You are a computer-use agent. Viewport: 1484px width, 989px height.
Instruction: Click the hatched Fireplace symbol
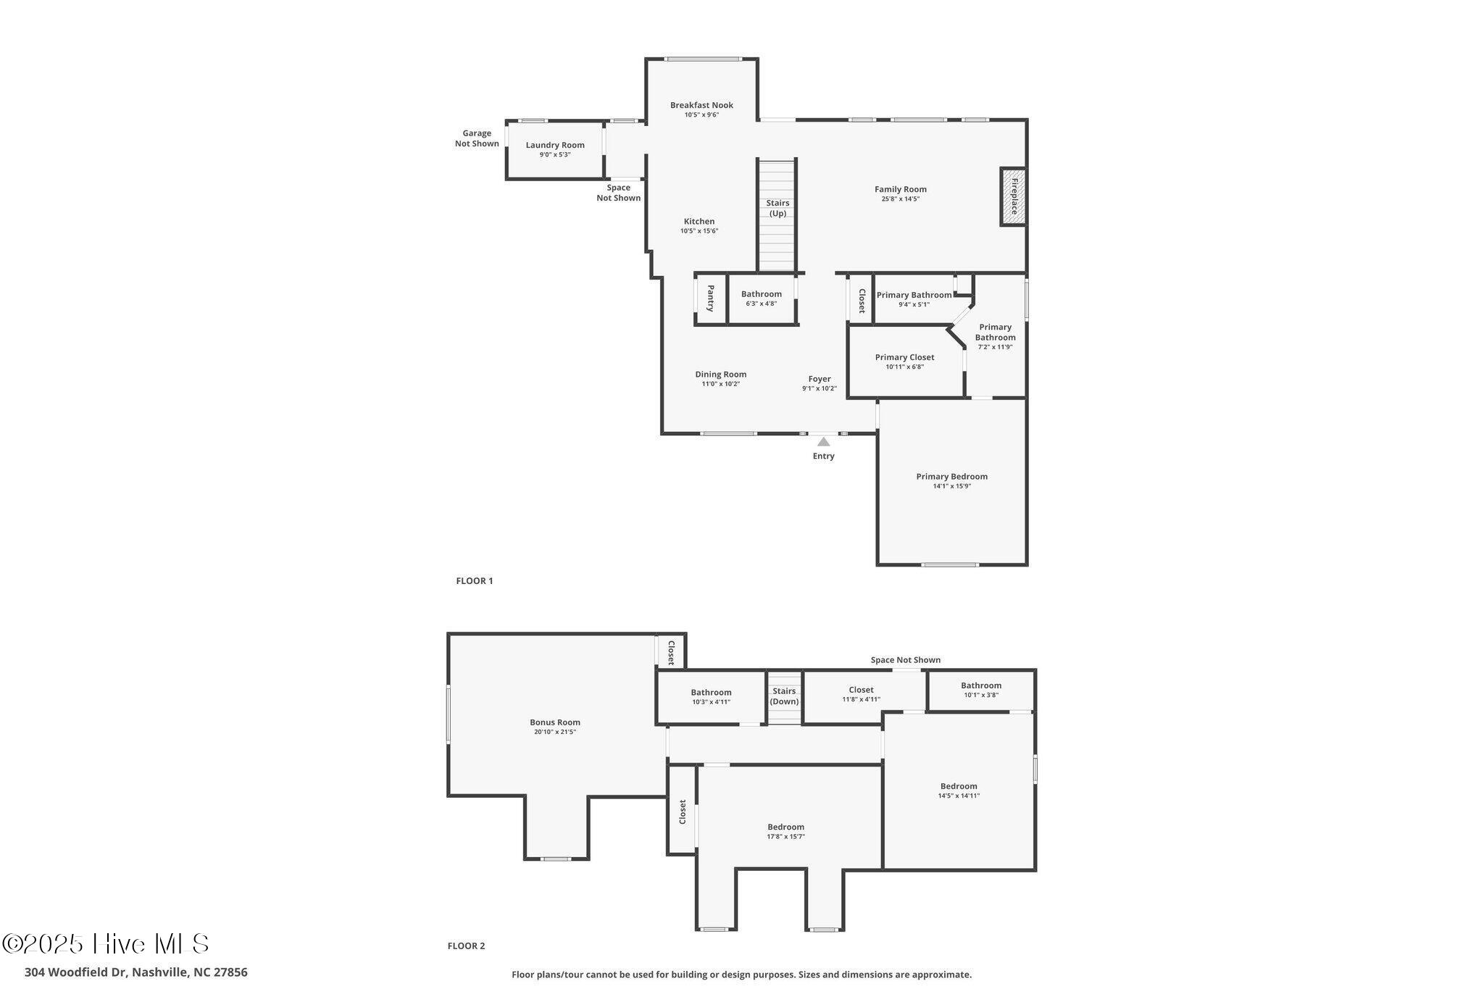pos(1013,197)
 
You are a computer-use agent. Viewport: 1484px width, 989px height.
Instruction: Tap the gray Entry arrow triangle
pos(823,441)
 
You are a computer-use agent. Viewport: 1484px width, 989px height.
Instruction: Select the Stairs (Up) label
pos(778,208)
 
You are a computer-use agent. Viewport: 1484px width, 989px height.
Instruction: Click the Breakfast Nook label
pos(701,105)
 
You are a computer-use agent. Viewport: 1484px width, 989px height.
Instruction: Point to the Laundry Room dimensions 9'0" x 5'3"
pos(555,154)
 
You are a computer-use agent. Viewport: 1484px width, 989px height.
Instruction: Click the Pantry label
pos(711,298)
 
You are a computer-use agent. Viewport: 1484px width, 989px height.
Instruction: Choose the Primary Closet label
pos(904,357)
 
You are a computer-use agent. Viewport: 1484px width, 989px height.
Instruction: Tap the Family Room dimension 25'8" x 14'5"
pos(900,199)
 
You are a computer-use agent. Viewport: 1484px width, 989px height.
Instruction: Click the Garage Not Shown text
pos(477,138)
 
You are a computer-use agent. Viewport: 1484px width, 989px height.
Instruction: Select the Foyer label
pos(820,379)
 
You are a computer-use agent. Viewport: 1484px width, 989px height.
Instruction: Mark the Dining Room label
pos(720,375)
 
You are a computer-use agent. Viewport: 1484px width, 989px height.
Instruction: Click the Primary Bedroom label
pos(951,477)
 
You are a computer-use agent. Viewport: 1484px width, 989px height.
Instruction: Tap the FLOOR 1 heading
pos(474,580)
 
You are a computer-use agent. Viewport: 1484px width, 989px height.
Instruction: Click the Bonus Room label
pos(554,722)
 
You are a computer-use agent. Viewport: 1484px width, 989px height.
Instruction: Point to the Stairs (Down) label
pos(784,696)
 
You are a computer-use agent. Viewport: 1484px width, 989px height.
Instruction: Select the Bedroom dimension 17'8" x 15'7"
pos(785,837)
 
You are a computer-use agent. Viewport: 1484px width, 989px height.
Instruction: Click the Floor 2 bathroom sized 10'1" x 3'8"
pos(981,690)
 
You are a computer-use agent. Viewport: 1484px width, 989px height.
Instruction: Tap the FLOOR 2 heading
pos(466,946)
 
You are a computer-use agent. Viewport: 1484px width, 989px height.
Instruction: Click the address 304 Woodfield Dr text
pos(136,972)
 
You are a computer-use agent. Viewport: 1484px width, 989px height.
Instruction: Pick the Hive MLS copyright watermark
pos(106,943)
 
